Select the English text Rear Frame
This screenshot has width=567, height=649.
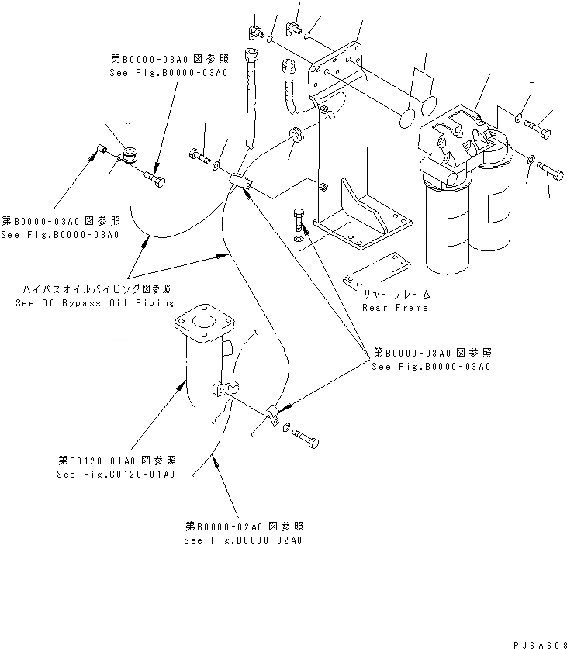pos(394,307)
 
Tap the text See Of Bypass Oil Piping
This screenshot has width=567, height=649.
pos(95,302)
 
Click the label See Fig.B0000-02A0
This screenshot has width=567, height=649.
pos(243,540)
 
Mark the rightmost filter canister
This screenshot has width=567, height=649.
pos(492,209)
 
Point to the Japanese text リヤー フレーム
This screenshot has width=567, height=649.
pos(396,295)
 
